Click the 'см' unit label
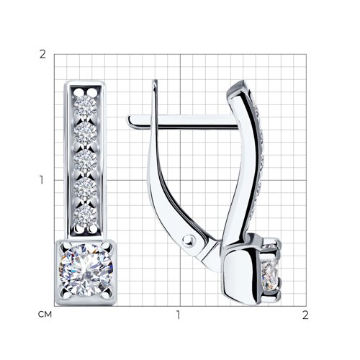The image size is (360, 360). (45, 315)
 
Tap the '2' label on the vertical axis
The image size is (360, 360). (42, 55)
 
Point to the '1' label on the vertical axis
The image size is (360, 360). (42, 180)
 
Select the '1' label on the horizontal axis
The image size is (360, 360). (178, 315)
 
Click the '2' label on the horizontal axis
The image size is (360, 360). (305, 315)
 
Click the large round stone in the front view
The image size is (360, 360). (86, 270)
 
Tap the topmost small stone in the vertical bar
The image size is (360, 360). (85, 106)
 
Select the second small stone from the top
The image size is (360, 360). (85, 132)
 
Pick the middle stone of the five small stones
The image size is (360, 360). (85, 160)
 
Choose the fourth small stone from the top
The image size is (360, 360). (85, 187)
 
